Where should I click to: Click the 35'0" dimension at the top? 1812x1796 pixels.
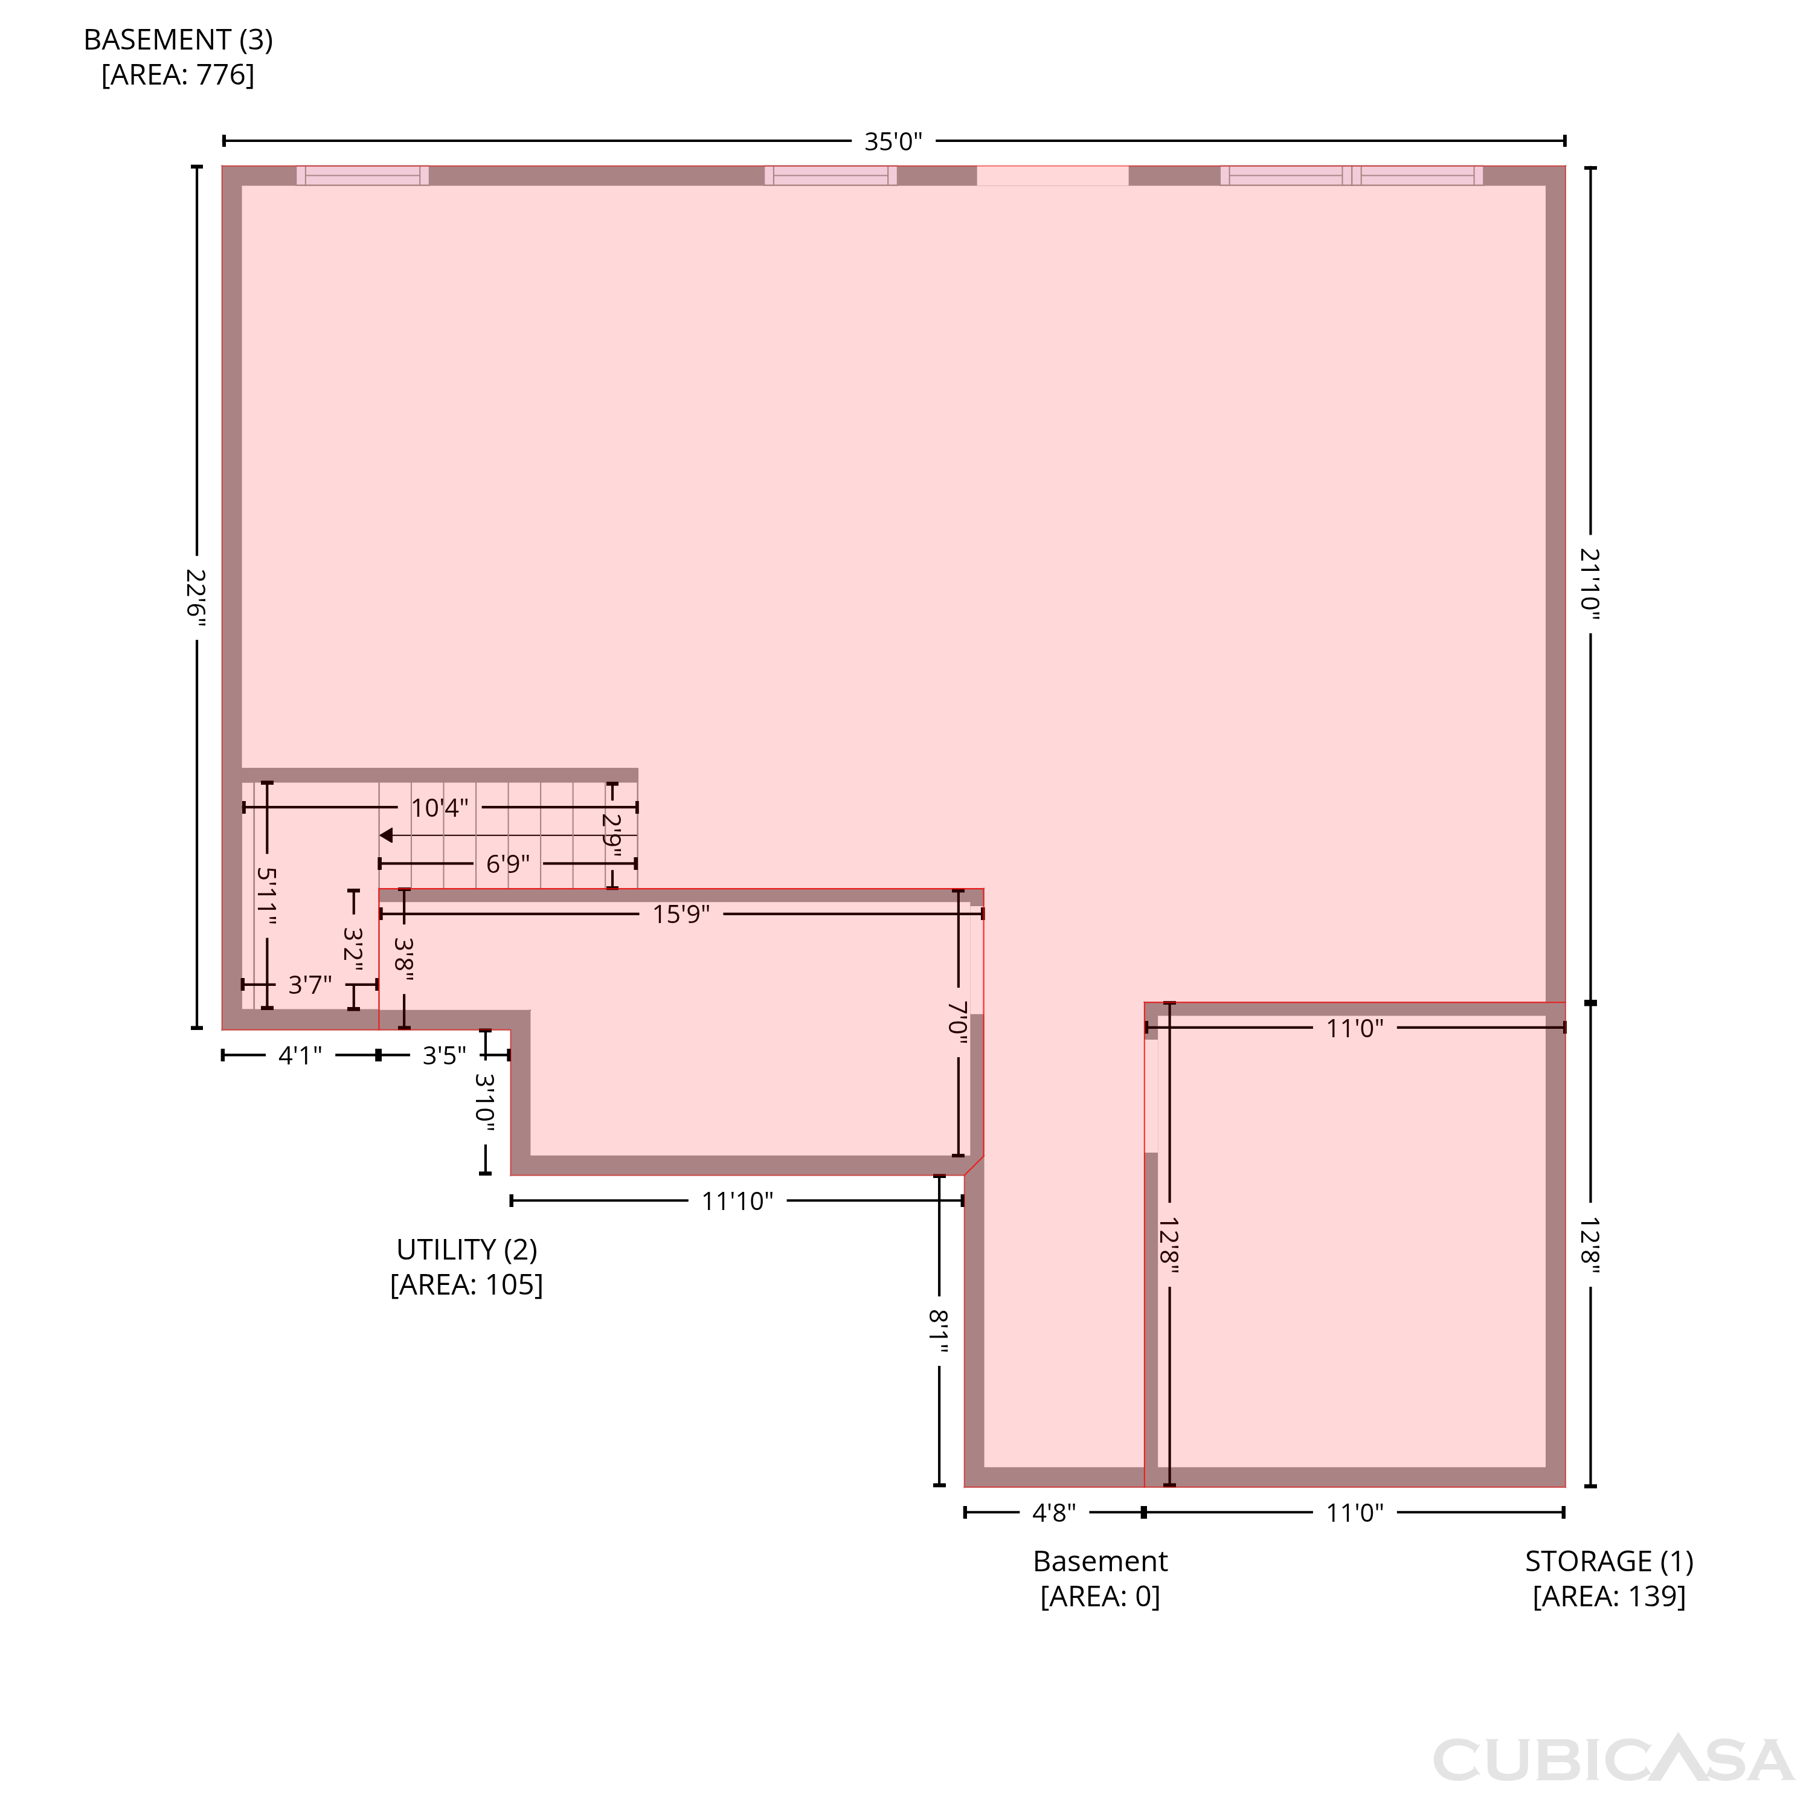893,141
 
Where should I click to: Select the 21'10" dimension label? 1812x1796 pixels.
1590,584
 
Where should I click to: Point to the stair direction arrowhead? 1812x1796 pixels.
385,835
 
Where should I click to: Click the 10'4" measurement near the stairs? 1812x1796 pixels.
439,808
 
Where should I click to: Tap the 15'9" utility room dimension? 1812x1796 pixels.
681,915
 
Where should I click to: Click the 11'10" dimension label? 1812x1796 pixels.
737,1202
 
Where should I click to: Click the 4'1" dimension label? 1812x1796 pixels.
300,1056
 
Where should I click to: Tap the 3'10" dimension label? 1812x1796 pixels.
485,1103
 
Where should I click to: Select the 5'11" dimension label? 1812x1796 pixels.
266,896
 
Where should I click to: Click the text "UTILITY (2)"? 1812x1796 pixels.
467,1250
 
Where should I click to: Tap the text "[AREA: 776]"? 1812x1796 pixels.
178,75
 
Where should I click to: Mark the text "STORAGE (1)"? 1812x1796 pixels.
1610,1562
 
